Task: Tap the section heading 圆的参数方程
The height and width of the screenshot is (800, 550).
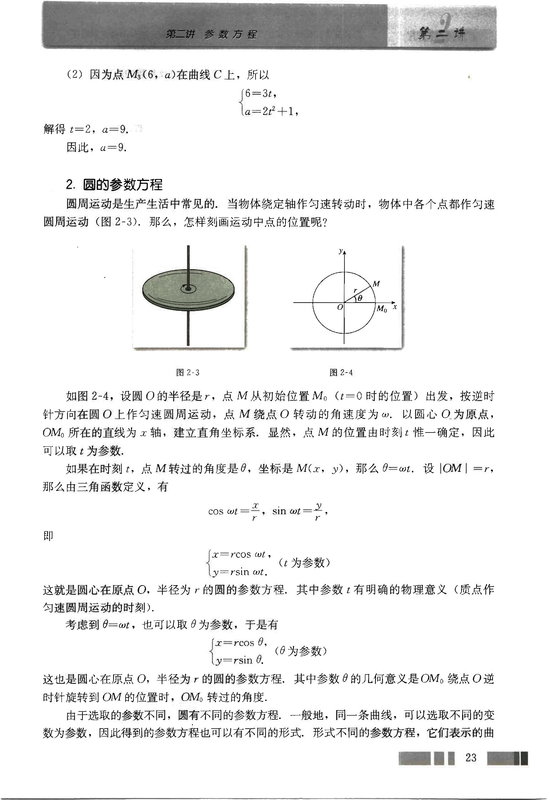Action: click(x=122, y=184)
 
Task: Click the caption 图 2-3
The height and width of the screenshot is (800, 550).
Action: click(x=188, y=373)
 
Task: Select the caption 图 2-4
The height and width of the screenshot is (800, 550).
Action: click(x=342, y=373)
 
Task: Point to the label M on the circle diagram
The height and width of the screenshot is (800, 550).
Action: click(x=376, y=284)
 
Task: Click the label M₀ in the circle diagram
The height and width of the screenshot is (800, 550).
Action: click(x=382, y=309)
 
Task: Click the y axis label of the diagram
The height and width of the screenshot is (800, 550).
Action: click(x=341, y=251)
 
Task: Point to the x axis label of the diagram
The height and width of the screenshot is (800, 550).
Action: click(x=395, y=307)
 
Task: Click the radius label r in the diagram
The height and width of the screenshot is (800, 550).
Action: click(x=355, y=290)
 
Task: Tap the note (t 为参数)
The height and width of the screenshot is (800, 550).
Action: click(x=304, y=563)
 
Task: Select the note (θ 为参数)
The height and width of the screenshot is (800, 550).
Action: click(x=301, y=651)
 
